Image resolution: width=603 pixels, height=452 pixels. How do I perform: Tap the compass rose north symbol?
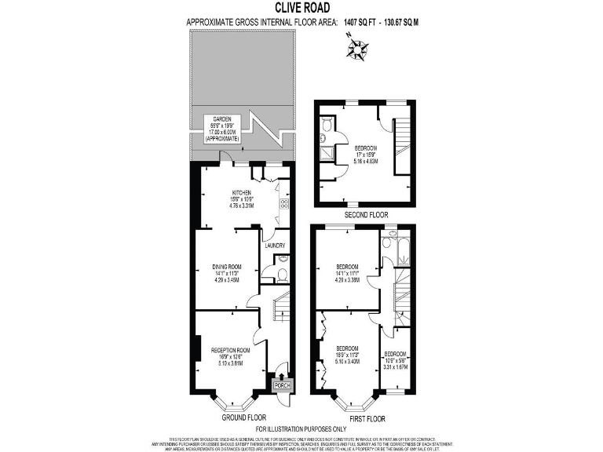pyautogui.click(x=360, y=51)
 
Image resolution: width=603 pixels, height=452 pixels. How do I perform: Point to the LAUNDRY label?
pyautogui.click(x=274, y=245)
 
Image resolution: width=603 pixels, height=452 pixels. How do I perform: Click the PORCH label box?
pyautogui.click(x=281, y=385)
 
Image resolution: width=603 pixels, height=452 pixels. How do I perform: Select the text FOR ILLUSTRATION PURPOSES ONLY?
pyautogui.click(x=301, y=429)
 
